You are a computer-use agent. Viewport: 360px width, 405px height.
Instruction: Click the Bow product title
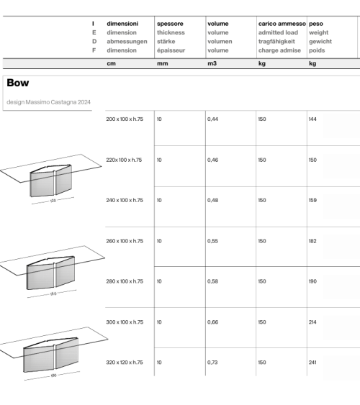[18, 83]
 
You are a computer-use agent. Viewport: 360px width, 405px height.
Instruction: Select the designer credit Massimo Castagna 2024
[48, 101]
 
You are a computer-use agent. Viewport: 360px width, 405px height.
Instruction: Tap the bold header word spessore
[170, 24]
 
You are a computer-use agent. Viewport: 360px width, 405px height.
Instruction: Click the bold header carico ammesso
[282, 24]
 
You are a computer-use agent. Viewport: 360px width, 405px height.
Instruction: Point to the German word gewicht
[320, 42]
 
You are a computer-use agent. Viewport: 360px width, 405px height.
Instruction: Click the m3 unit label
[212, 64]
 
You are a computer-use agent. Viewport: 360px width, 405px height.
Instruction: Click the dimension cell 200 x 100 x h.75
[125, 118]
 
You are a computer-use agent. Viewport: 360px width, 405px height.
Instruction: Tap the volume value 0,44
[212, 118]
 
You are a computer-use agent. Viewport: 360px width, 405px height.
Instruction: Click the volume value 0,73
[212, 363]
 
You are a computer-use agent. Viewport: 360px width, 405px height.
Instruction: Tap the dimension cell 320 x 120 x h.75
[125, 363]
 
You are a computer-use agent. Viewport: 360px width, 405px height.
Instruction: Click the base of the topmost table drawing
[53, 183]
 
